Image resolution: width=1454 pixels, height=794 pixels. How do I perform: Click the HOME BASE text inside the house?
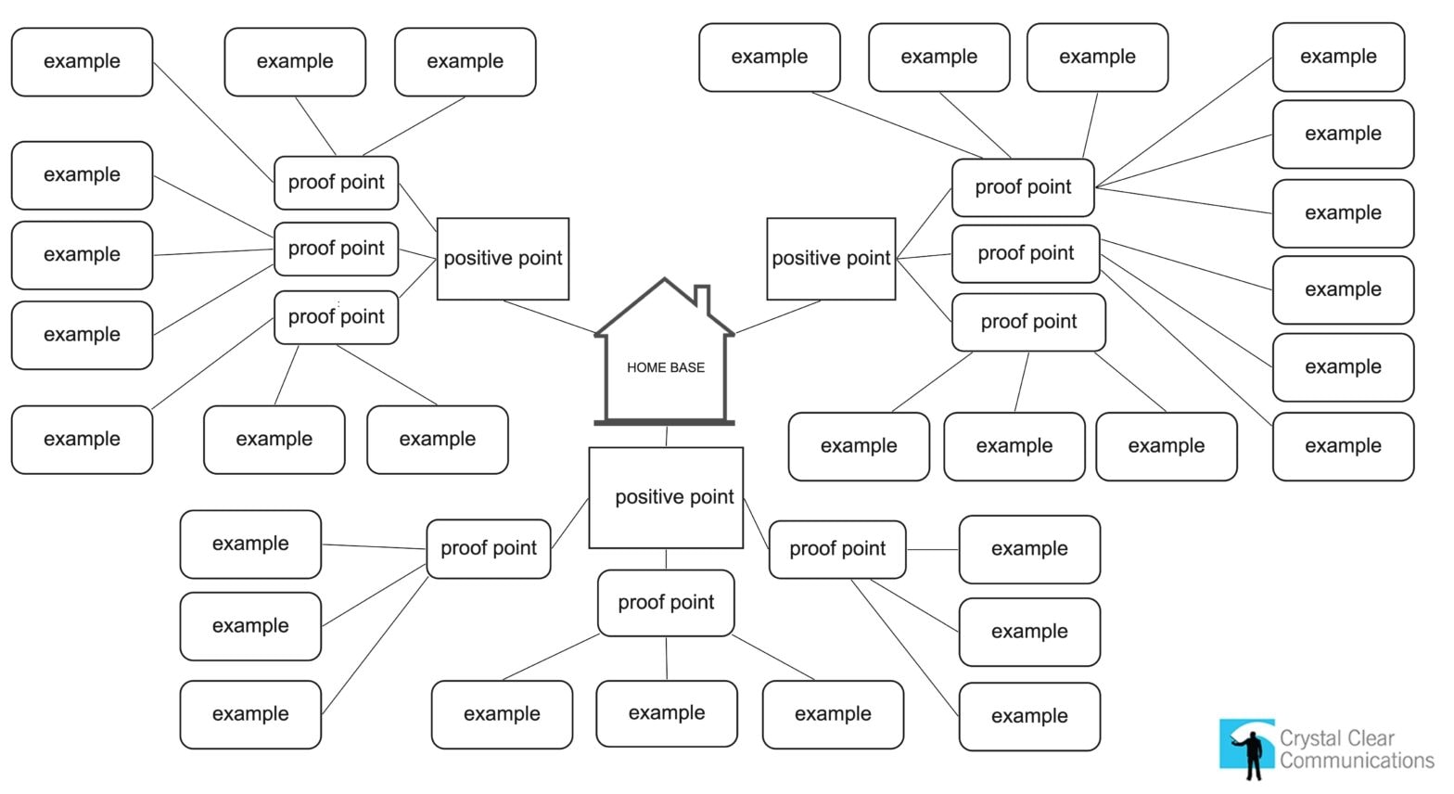coord(665,367)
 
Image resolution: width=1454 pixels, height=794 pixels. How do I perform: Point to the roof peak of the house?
coord(665,281)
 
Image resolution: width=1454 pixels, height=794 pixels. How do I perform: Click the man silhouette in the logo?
coord(1253,751)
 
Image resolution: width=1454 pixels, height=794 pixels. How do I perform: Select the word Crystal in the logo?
coord(1310,738)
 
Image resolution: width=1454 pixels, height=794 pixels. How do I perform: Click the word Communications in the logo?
coord(1356,761)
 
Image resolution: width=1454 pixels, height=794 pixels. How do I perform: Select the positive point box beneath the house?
coord(666,497)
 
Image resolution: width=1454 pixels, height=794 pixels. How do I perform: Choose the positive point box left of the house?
coord(503,259)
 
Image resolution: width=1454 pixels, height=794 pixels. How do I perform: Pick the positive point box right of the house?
coord(831,259)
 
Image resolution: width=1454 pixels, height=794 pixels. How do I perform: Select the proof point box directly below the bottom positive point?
coord(666,603)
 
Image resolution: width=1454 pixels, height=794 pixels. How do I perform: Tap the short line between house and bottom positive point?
coord(666,436)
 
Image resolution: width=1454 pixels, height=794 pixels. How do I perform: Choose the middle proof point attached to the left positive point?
coord(336,249)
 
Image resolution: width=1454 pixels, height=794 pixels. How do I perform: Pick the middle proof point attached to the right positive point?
coord(1026,253)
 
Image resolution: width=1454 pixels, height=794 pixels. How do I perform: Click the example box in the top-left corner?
coord(82,62)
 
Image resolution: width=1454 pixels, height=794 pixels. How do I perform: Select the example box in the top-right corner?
coord(1338,57)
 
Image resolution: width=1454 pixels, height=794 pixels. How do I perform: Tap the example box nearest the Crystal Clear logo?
coord(1029,716)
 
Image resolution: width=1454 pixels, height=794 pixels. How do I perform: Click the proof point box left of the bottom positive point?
coord(489,548)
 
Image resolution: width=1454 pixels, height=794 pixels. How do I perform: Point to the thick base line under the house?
coord(664,423)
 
